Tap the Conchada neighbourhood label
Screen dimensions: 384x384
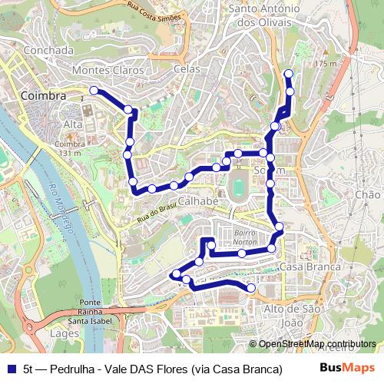[x=48, y=50]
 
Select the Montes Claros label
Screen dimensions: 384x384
[x=108, y=70]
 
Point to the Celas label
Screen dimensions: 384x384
[x=187, y=68]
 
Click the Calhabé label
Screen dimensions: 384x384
[x=199, y=201]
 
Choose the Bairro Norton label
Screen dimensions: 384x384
[x=245, y=237]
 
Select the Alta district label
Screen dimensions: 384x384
[x=73, y=124]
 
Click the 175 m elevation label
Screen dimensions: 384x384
[x=326, y=63]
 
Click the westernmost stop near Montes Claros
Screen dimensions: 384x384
[x=94, y=91]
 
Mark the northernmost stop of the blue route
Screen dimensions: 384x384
[x=289, y=74]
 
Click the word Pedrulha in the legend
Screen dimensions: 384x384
[x=71, y=369]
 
